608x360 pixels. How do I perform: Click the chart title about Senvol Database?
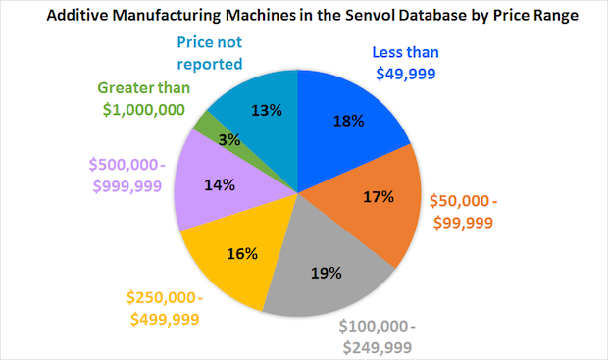(304, 17)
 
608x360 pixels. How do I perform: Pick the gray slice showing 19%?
(324, 265)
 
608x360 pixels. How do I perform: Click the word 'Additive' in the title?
(79, 17)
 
